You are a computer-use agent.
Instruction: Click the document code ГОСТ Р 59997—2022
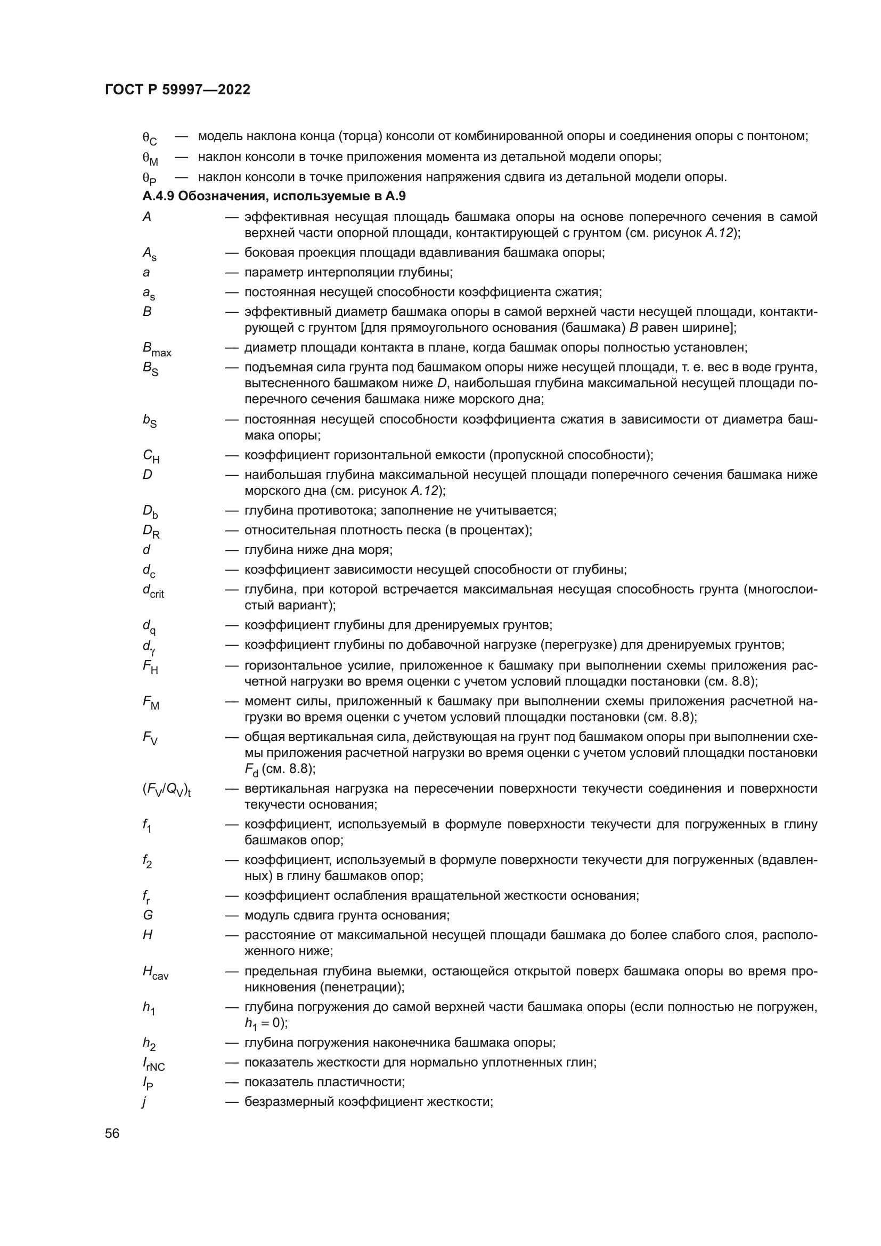177,89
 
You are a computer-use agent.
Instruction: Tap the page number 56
112,1134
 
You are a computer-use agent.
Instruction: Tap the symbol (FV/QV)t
167,791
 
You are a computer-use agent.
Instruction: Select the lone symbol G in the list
148,916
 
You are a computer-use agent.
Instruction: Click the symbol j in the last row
144,1102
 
